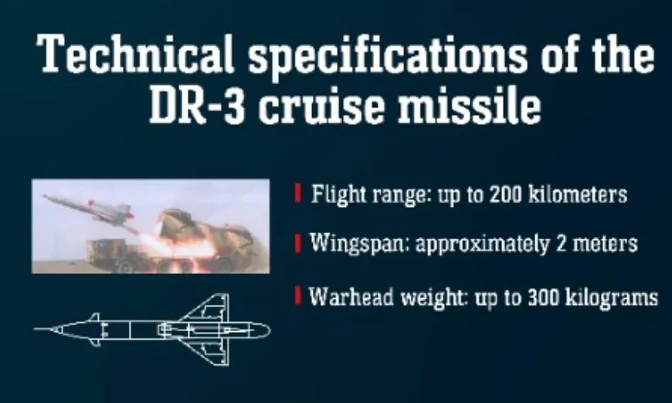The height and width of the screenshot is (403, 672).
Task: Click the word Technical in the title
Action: [135, 53]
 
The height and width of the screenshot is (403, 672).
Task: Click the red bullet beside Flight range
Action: [298, 193]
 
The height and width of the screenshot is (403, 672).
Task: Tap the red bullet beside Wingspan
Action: [298, 243]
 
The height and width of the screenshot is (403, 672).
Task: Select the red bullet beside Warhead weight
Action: [298, 295]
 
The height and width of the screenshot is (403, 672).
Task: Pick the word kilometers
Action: [578, 195]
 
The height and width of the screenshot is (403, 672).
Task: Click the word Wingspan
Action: [358, 244]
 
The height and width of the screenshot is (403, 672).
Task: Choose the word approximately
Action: [483, 245]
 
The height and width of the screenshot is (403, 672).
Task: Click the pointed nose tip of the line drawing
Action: [35, 330]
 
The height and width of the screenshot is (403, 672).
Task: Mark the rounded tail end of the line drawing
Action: [269, 330]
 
